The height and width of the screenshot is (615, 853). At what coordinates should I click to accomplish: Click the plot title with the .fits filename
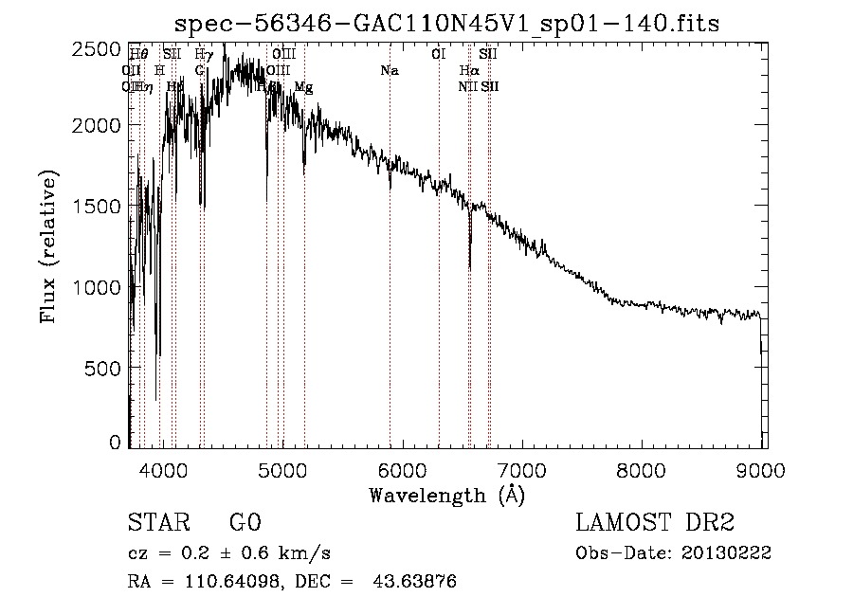point(446,23)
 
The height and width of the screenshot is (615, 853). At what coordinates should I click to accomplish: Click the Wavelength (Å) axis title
point(446,495)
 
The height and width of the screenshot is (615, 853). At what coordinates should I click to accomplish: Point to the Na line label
point(389,70)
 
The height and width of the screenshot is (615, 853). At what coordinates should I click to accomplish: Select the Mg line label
point(303,87)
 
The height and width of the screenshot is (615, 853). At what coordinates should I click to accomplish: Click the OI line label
point(438,54)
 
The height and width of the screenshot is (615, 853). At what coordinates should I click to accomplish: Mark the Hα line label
point(468,70)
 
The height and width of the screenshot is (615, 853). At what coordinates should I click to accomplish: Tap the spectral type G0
point(245,523)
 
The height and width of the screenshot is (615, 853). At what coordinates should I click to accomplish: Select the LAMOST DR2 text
point(654,523)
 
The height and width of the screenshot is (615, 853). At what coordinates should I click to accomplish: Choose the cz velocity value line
point(228,553)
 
